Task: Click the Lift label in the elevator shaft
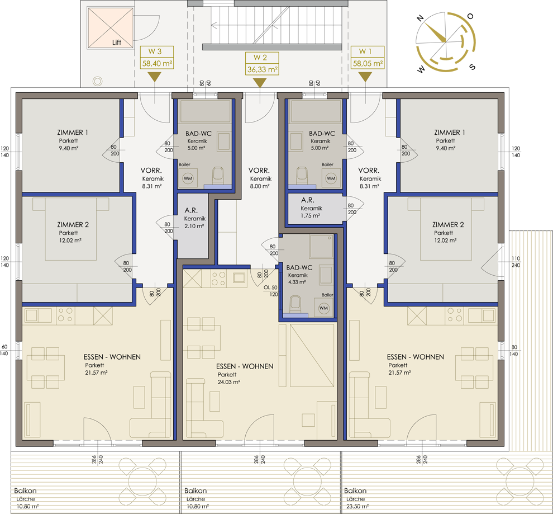click(x=116, y=43)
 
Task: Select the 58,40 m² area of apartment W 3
click(x=157, y=64)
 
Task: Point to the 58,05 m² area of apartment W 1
click(x=368, y=64)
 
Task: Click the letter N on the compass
click(x=420, y=18)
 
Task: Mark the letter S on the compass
click(x=473, y=67)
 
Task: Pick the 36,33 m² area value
click(x=263, y=69)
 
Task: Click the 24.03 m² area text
click(x=229, y=382)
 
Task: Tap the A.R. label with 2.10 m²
click(x=191, y=210)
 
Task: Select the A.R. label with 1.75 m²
click(x=308, y=200)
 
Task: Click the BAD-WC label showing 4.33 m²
click(x=299, y=267)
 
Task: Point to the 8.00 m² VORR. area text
click(x=260, y=186)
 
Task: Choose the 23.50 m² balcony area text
click(x=357, y=506)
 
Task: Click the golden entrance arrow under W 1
click(x=365, y=77)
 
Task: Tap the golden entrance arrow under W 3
click(x=155, y=77)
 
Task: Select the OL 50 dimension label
click(x=270, y=287)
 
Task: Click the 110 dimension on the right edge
click(x=516, y=258)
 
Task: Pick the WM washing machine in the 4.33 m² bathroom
click(x=323, y=308)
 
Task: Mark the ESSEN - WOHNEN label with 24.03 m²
click(x=245, y=366)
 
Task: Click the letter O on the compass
click(x=470, y=16)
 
